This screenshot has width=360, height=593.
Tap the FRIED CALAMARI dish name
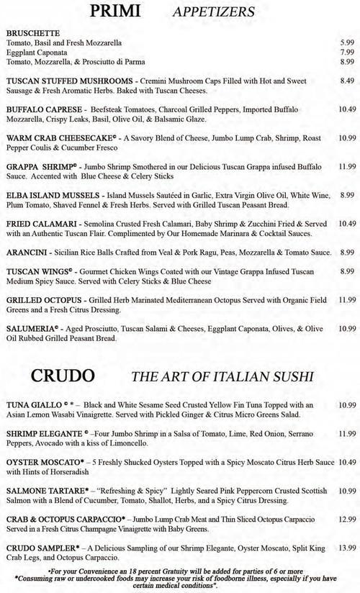(36, 224)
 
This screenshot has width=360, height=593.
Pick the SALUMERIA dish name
(32, 328)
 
